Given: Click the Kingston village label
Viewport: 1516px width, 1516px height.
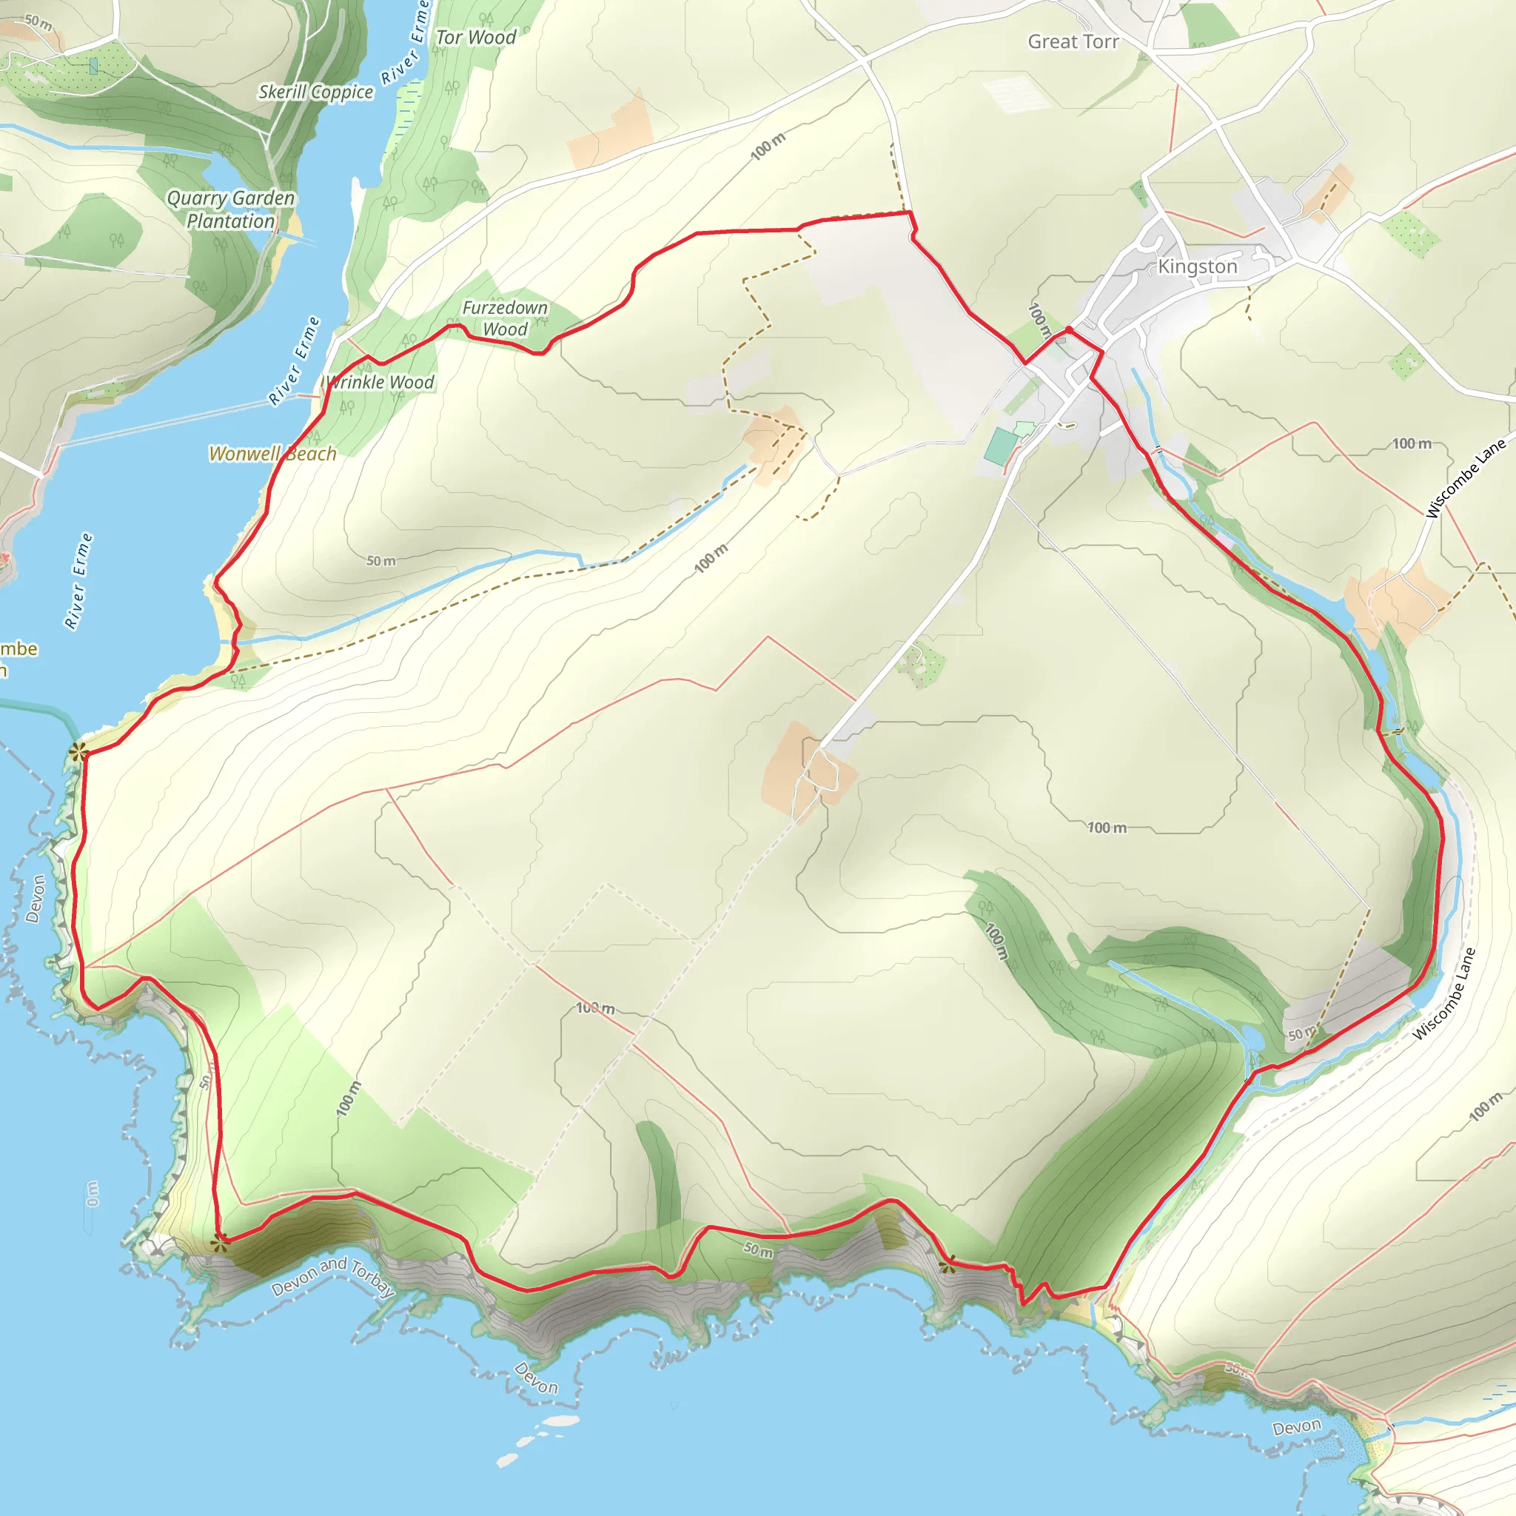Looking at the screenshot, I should [1198, 266].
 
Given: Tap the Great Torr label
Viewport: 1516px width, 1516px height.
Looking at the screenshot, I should [1073, 41].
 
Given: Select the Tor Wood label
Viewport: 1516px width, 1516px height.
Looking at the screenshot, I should [475, 37].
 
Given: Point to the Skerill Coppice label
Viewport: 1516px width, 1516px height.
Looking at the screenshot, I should [315, 92].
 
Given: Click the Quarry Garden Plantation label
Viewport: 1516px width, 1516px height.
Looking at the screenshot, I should [231, 209].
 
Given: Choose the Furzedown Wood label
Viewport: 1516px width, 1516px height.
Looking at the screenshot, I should [505, 318].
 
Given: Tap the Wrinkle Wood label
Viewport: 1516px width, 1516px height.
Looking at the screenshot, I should [380, 382].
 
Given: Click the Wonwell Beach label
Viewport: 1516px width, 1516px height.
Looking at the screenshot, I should [272, 454].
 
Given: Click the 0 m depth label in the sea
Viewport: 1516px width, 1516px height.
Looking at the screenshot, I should [93, 1194].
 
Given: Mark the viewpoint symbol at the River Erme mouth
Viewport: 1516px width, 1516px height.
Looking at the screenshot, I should [77, 753].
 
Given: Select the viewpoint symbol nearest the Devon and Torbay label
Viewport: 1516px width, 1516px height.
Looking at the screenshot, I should [221, 1242].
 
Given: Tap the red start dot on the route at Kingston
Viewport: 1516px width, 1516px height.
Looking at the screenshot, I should [1069, 329].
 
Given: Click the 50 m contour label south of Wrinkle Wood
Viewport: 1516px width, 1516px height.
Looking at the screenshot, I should [381, 561].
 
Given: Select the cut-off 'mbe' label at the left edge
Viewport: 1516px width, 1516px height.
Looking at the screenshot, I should [17, 649].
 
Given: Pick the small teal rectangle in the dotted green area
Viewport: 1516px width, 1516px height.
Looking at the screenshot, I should [93, 66].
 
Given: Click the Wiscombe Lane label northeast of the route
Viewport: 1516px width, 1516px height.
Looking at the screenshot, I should [1465, 478].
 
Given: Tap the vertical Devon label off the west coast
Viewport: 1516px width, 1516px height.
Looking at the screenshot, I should [36, 899].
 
